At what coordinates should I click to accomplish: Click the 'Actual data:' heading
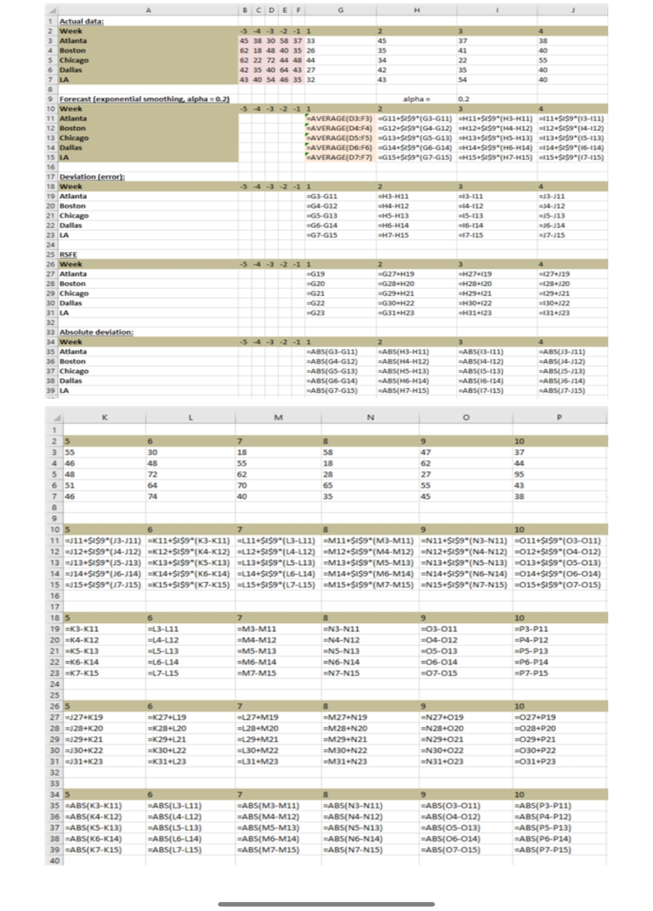[81, 21]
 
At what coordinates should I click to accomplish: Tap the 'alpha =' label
[416, 99]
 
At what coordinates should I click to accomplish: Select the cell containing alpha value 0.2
[465, 99]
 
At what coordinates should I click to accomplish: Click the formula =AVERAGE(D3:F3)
[340, 119]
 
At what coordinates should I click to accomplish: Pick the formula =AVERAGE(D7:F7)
[340, 158]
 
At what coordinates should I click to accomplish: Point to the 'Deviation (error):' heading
[92, 177]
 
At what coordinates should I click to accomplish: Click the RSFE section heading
[68, 254]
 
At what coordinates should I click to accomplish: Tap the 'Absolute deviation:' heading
[96, 332]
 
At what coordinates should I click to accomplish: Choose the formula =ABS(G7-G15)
[333, 391]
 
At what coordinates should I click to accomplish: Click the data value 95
[520, 475]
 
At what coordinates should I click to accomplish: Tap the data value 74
[153, 496]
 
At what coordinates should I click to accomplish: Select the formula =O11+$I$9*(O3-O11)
[558, 541]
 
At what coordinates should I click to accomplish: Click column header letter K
[105, 417]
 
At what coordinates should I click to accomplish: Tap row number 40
[55, 861]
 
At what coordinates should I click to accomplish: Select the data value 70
[242, 485]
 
